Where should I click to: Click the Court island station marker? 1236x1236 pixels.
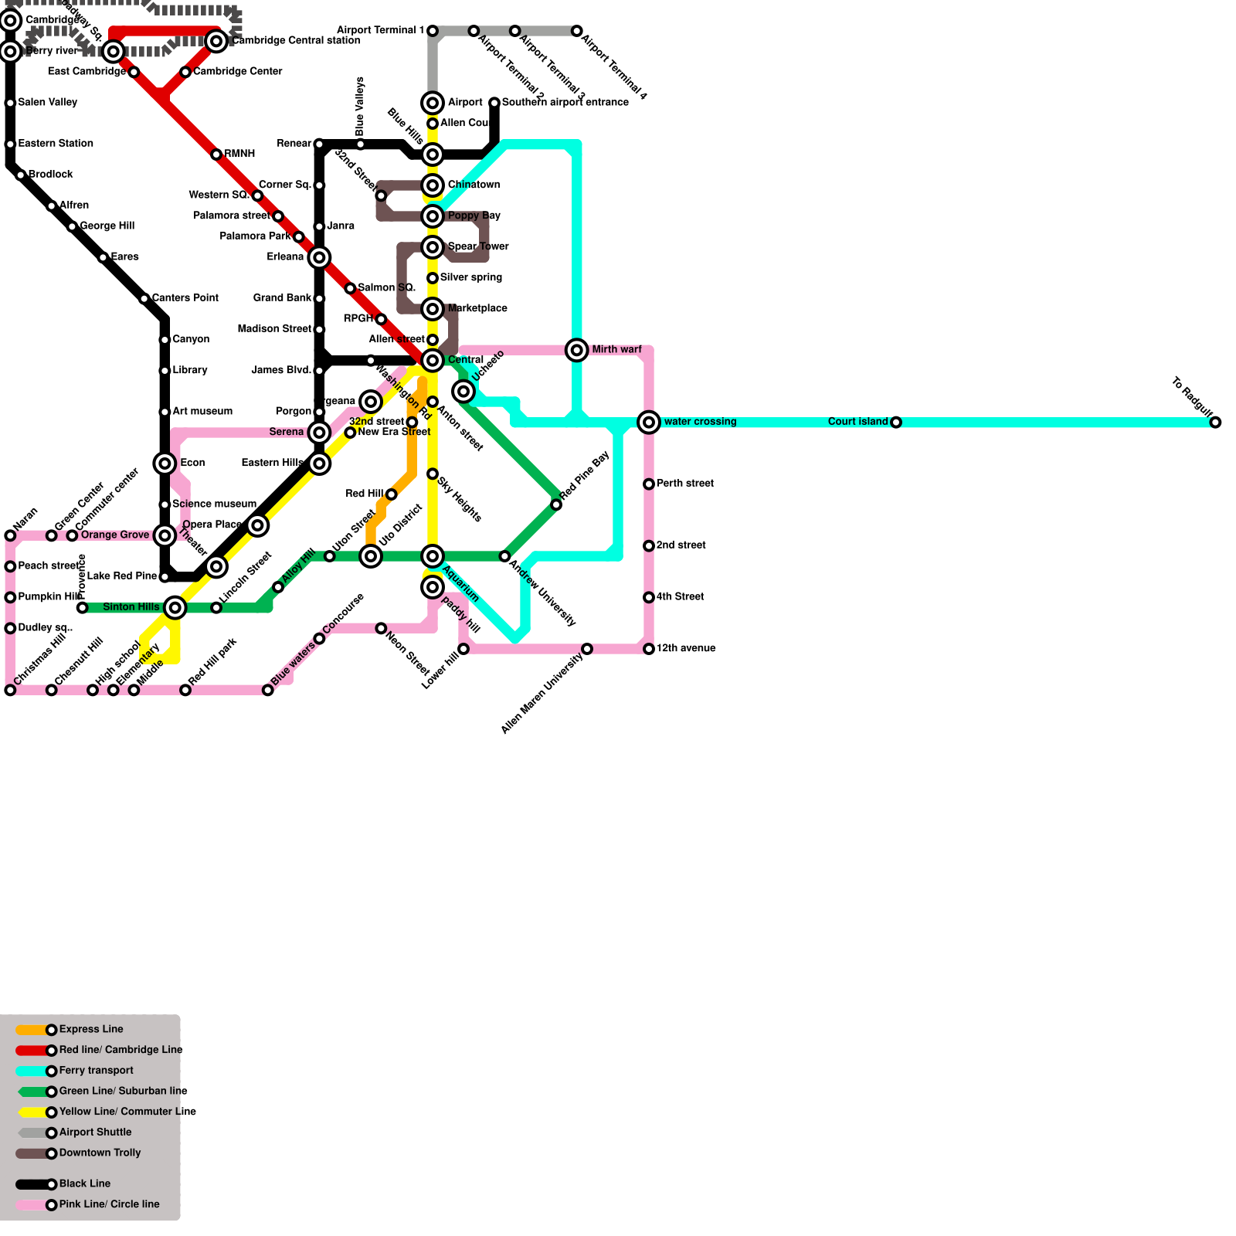point(895,423)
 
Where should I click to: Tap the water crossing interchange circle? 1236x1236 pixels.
point(649,422)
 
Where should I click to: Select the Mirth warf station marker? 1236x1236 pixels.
point(576,350)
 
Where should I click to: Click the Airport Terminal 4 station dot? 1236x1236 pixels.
point(576,31)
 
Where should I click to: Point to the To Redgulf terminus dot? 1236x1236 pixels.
point(1215,423)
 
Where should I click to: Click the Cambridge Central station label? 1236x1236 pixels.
point(295,41)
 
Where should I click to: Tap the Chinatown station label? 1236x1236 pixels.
point(474,185)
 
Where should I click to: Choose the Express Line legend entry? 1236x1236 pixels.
point(90,1029)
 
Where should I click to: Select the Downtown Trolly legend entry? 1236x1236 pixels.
point(100,1153)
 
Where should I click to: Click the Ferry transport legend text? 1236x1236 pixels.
point(96,1071)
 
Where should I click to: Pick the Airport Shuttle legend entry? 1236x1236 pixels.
point(95,1132)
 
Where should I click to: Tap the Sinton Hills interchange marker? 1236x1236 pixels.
point(175,608)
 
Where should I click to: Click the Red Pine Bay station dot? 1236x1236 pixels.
point(556,504)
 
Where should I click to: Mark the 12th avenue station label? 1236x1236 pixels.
point(685,649)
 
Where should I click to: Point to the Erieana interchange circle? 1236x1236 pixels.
point(319,257)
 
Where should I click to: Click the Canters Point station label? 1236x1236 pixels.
point(185,298)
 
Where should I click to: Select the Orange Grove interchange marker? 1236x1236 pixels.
point(165,535)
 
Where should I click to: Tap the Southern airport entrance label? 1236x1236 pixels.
point(565,103)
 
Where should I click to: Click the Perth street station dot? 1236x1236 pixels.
point(649,484)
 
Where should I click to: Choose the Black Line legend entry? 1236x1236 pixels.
point(84,1183)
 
